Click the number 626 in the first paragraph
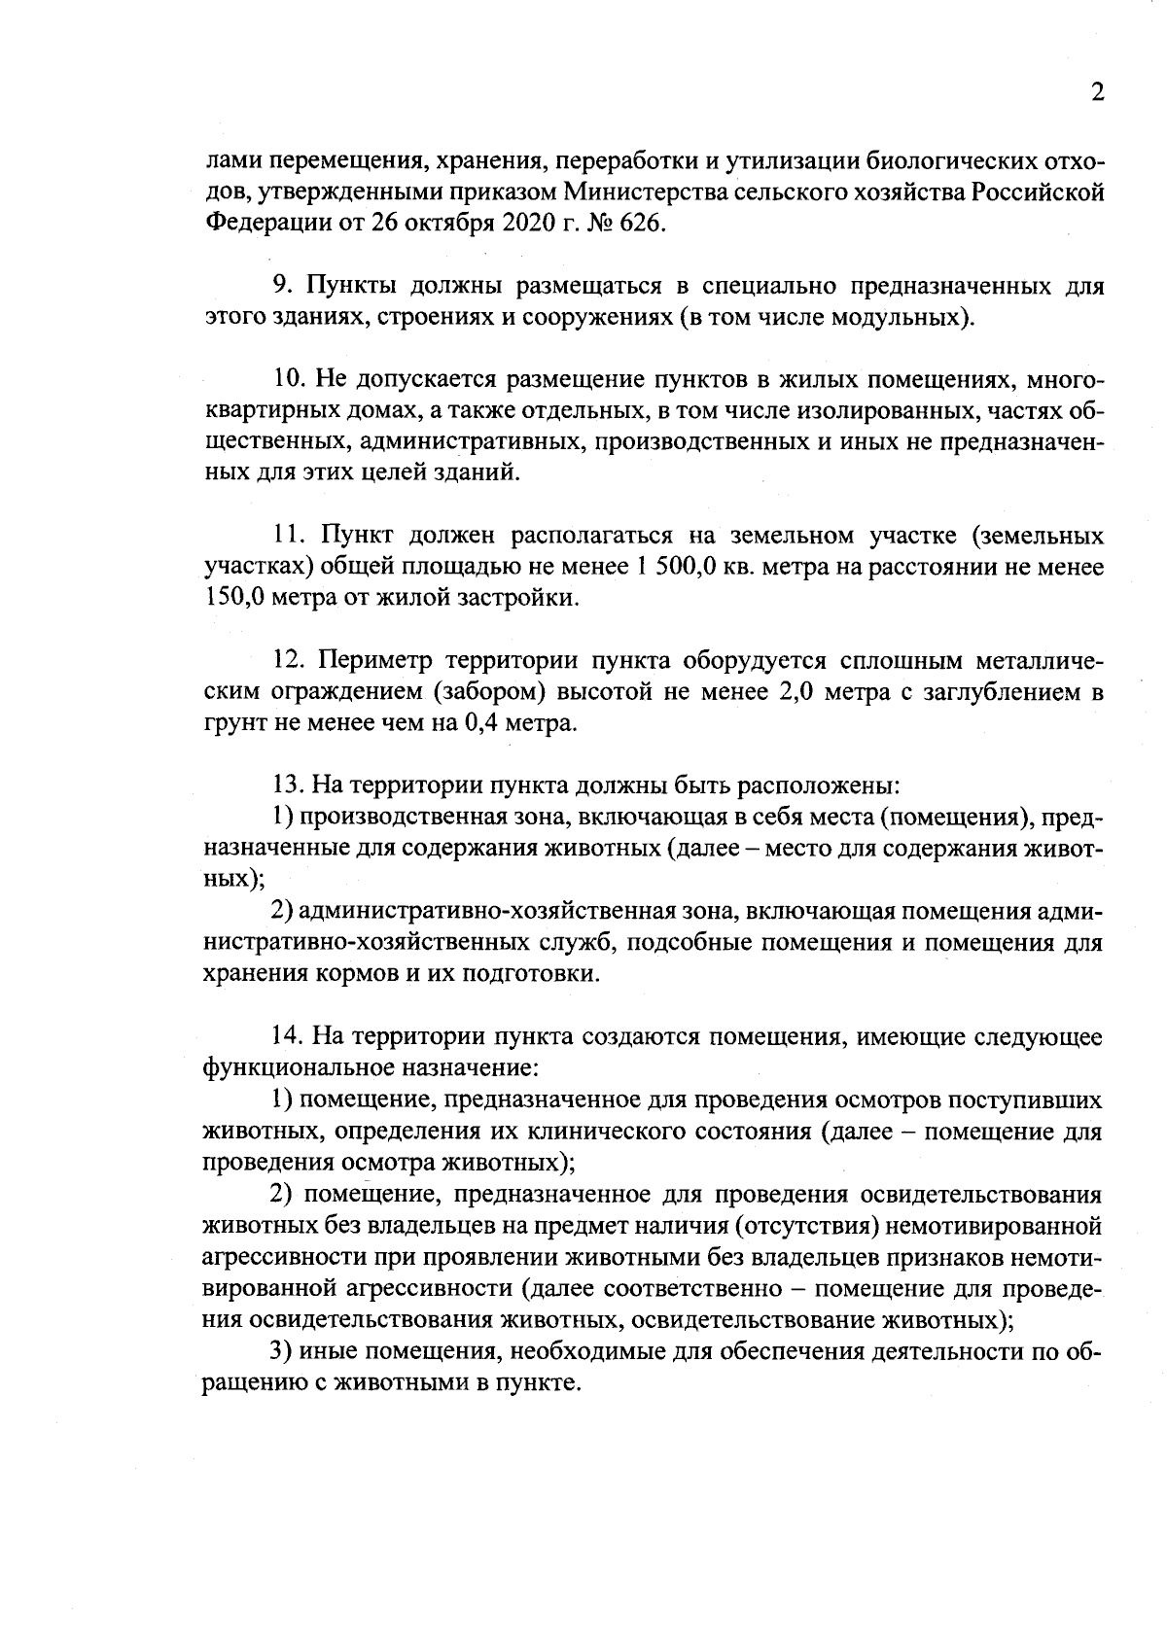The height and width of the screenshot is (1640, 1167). click(637, 224)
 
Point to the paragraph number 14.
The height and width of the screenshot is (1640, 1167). click(289, 1037)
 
